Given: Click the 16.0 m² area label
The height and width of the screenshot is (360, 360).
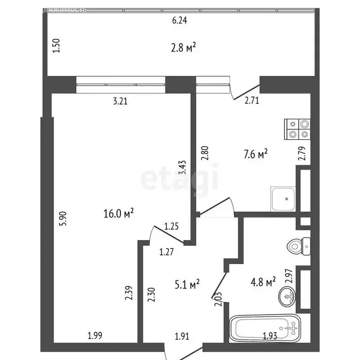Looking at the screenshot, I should pyautogui.click(x=119, y=214).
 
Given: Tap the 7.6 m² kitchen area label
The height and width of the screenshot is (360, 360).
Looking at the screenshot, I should pyautogui.click(x=256, y=154).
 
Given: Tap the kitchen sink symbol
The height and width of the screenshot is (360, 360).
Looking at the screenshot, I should pyautogui.click(x=283, y=199).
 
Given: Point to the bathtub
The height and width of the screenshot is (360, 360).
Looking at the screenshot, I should pyautogui.click(x=265, y=329).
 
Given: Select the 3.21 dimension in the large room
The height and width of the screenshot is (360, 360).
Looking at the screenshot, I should pyautogui.click(x=121, y=100).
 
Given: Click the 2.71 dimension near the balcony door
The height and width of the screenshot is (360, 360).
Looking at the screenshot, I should pyautogui.click(x=252, y=100).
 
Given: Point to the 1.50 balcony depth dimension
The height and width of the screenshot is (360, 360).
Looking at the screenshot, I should pyautogui.click(x=56, y=46).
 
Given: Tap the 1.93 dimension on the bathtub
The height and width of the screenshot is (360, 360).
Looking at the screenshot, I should pyautogui.click(x=270, y=336).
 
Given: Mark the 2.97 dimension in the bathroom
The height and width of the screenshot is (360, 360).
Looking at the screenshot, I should pyautogui.click(x=289, y=276).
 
